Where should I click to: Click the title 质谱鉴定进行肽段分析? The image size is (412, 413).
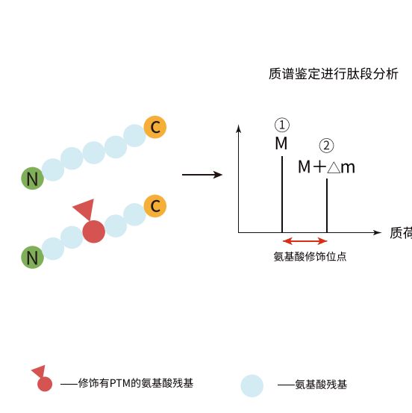[x=333, y=75]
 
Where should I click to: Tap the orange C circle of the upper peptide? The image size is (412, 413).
[x=154, y=127]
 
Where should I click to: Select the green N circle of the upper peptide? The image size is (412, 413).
[x=32, y=178]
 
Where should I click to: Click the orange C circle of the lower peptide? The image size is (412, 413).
[x=154, y=205]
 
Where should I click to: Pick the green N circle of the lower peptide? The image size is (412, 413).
[x=32, y=258]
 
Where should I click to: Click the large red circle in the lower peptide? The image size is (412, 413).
[x=93, y=232]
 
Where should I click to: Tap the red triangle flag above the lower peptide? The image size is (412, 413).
[x=84, y=210]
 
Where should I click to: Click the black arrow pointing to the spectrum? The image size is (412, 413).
[x=202, y=175]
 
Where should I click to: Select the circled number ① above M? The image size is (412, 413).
[x=281, y=125]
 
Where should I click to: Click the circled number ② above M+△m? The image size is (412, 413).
[x=326, y=146]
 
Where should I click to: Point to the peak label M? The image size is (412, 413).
[x=281, y=143]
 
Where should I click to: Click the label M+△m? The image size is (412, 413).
[x=326, y=167]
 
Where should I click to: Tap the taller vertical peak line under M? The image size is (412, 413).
[x=281, y=194]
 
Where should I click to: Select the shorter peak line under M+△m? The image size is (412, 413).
[x=327, y=205]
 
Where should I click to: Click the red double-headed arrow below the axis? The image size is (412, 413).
[x=305, y=240]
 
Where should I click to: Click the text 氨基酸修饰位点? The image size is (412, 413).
[x=310, y=256]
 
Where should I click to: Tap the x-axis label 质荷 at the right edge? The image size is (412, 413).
[x=400, y=232]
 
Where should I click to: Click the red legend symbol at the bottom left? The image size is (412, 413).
[x=43, y=381]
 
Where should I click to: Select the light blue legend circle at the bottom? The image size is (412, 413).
[x=252, y=385]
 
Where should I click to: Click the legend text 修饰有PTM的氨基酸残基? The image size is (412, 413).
[x=135, y=384]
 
